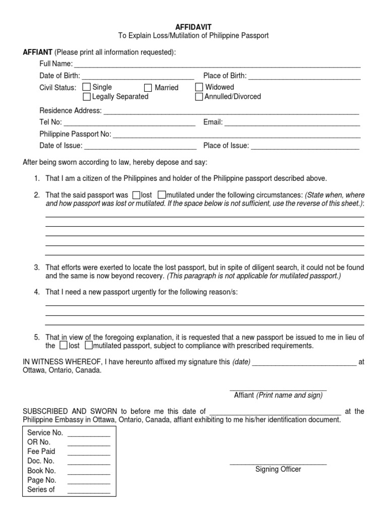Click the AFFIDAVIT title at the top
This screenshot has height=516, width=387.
(x=193, y=26)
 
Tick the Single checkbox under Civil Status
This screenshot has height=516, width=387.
(x=87, y=88)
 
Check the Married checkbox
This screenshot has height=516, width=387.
(x=148, y=88)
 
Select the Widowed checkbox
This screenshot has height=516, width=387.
(x=199, y=88)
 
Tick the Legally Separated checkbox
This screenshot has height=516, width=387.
(x=87, y=97)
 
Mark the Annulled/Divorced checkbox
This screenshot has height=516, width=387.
(x=199, y=97)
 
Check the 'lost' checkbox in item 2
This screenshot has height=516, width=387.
(x=136, y=195)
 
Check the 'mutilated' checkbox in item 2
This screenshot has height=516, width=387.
(x=161, y=195)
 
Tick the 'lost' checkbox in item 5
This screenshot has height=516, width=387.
(x=63, y=346)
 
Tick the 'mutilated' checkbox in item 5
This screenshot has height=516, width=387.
(x=88, y=346)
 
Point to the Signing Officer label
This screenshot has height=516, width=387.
(x=278, y=469)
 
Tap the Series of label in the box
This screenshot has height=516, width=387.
(x=41, y=489)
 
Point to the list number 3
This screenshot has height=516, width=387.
(x=37, y=267)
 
